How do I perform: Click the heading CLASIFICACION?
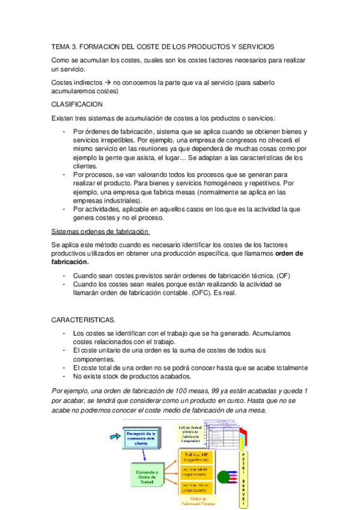78,103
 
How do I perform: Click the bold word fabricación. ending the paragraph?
70,262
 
